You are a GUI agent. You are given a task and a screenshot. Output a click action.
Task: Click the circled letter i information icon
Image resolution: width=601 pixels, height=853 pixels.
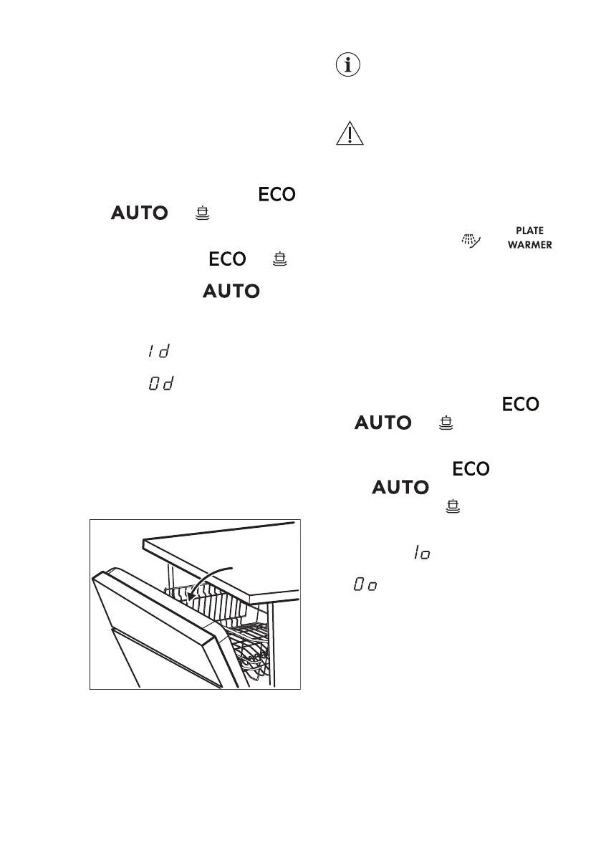pyautogui.click(x=349, y=65)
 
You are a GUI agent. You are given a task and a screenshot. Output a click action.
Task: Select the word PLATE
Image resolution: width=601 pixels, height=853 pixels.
pyautogui.click(x=529, y=231)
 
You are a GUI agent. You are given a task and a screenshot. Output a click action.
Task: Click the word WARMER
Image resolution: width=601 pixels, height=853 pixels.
pyautogui.click(x=529, y=246)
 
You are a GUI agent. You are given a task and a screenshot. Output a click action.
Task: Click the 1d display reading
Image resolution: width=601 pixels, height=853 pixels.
pyautogui.click(x=162, y=351)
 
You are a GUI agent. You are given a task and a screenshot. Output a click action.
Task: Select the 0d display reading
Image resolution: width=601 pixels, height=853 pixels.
pyautogui.click(x=162, y=385)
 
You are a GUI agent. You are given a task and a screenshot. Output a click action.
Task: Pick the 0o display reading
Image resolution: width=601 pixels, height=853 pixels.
pyautogui.click(x=365, y=586)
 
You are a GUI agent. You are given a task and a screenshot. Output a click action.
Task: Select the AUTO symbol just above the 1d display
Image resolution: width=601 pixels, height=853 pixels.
pyautogui.click(x=231, y=291)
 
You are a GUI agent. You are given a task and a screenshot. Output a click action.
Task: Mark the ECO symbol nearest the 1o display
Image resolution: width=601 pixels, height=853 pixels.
pyautogui.click(x=470, y=470)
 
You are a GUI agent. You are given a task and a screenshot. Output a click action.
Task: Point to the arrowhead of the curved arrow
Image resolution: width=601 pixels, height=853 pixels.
pyautogui.click(x=188, y=593)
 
